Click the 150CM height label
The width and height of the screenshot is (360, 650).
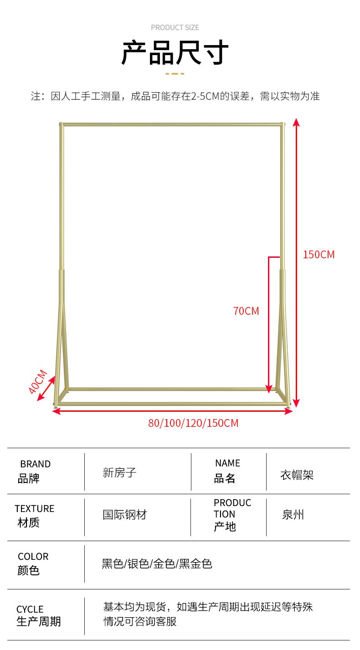tap(319, 255)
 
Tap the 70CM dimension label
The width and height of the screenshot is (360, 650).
tap(246, 311)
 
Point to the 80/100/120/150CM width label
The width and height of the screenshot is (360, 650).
tap(193, 423)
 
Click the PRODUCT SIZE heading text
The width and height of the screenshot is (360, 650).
tap(175, 28)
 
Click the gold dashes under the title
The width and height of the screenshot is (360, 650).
tap(175, 73)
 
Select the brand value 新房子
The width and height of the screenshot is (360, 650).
tap(119, 473)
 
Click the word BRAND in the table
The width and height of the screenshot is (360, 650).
tap(35, 464)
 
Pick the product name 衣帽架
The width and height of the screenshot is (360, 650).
tap(297, 475)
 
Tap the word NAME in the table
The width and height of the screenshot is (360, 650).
tap(227, 463)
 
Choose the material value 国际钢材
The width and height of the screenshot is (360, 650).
tap(125, 515)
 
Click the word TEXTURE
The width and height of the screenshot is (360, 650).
tap(34, 509)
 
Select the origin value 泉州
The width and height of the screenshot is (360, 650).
tap(293, 515)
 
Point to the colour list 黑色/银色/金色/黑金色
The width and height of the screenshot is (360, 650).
tap(157, 564)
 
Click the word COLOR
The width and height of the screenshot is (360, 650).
tap(33, 557)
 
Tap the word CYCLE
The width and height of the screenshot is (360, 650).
tap(30, 609)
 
